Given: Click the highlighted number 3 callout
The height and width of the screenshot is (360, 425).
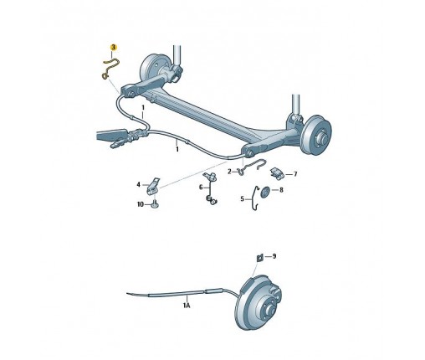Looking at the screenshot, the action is click(x=113, y=48).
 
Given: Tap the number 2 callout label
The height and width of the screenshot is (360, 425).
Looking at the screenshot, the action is click(x=229, y=172).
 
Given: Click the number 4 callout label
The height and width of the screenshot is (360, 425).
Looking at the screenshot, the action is click(x=138, y=184).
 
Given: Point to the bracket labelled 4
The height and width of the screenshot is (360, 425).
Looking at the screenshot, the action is click(x=153, y=186).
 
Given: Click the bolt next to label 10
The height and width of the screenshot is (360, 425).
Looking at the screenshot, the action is click(x=155, y=205).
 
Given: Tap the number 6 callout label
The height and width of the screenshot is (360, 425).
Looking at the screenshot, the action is click(x=201, y=187).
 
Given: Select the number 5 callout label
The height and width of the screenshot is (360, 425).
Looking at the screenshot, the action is click(x=242, y=199).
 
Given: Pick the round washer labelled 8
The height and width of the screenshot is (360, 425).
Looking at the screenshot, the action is click(x=264, y=192).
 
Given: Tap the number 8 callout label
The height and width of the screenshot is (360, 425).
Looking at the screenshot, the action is click(x=281, y=190).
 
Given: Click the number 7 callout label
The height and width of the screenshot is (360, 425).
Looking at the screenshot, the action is click(x=295, y=174).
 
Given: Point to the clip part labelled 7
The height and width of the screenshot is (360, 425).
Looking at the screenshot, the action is click(x=277, y=172).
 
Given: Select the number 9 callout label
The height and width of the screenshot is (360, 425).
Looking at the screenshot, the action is click(x=274, y=256).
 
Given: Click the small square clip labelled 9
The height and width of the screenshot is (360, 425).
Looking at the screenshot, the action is click(x=259, y=258).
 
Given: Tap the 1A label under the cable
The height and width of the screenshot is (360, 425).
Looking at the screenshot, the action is click(x=187, y=305).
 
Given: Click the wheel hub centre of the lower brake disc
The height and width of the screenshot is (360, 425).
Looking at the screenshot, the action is click(x=269, y=309).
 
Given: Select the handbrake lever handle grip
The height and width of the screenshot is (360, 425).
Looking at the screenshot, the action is click(x=111, y=134).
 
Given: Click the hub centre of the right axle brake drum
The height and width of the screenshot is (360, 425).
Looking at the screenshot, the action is click(x=323, y=136).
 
